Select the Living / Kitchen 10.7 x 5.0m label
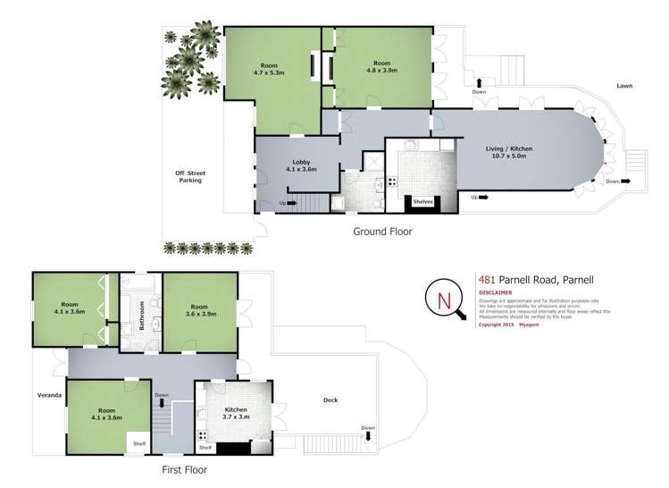point(506,151)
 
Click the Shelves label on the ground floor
point(423,202)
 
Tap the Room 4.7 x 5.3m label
point(269,68)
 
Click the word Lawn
point(624,86)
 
